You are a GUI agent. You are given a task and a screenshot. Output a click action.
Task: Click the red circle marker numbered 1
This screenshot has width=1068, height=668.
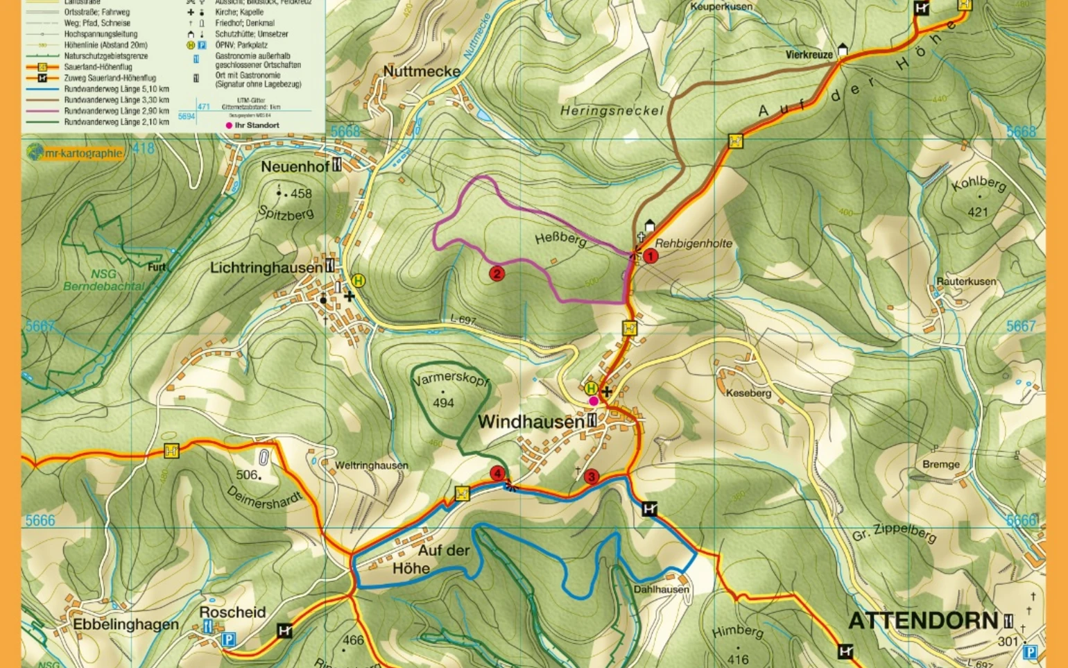[x=651, y=256]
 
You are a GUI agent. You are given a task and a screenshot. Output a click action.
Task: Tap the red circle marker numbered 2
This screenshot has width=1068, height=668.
[x=497, y=274]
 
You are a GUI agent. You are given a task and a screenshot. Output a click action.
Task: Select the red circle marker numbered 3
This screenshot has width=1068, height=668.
[x=591, y=477]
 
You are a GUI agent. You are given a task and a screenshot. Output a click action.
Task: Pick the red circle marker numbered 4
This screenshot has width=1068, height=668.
[x=497, y=474]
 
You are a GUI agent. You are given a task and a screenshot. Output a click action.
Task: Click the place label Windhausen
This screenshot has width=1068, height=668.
[x=531, y=422]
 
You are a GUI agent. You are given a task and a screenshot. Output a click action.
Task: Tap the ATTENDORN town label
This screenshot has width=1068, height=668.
[x=922, y=620]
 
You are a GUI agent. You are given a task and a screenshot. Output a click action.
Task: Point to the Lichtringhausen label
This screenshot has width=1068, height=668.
[x=266, y=268]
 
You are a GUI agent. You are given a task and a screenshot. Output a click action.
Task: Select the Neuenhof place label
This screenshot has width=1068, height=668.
[x=295, y=166]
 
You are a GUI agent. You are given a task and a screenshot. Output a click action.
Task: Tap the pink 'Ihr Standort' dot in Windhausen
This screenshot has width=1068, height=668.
[x=593, y=401]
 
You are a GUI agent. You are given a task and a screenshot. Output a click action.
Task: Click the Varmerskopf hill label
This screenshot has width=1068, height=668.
[x=450, y=379]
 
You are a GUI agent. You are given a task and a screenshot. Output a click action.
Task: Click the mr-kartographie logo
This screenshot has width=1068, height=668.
[x=75, y=153]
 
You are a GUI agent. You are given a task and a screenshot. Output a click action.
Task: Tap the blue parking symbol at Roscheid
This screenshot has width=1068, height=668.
[x=228, y=639]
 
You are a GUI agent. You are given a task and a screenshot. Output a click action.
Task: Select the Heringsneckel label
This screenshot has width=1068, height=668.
[x=612, y=110]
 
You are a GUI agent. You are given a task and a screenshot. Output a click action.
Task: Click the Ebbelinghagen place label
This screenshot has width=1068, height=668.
[x=126, y=624]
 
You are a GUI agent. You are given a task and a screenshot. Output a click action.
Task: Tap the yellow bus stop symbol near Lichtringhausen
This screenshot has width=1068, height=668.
[x=358, y=281]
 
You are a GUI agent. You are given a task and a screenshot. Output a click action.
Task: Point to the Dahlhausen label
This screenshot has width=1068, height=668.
[x=661, y=589]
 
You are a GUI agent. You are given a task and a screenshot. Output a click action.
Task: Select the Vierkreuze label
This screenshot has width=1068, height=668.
[x=809, y=54]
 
